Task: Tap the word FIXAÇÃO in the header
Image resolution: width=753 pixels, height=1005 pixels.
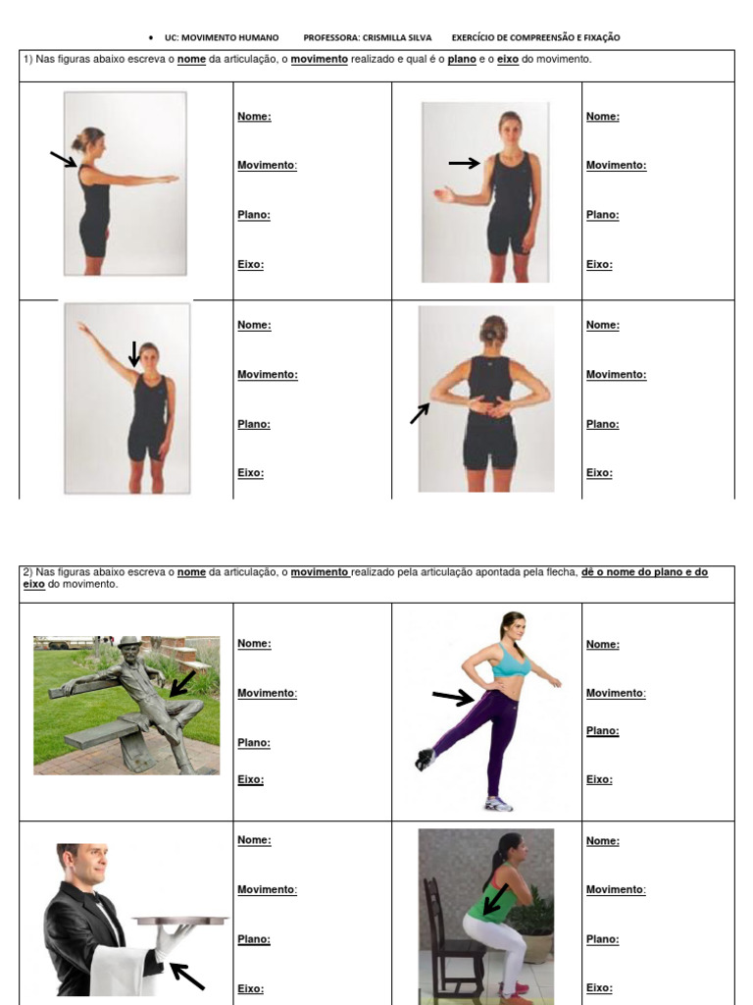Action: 599,38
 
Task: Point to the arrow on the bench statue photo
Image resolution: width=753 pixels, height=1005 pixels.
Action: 182,683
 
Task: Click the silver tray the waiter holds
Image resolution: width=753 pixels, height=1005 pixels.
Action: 181,921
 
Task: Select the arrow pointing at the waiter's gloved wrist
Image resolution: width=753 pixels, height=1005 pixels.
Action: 187,976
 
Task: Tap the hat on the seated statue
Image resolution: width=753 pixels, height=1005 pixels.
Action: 128,642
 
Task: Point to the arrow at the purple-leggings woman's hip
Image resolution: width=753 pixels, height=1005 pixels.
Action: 452,697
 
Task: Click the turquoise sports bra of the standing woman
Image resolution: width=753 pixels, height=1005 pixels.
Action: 510,662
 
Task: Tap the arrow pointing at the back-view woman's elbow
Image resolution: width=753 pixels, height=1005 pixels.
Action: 420,413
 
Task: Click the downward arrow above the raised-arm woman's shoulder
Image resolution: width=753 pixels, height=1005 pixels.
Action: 134,353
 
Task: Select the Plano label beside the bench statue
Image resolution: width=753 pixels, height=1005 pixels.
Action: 253,743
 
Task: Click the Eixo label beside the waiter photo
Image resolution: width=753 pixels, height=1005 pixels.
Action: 250,988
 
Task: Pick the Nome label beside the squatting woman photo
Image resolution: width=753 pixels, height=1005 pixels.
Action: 602,841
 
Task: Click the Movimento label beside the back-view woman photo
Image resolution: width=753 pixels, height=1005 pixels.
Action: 616,375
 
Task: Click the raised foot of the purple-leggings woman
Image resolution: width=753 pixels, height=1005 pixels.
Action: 425,759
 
